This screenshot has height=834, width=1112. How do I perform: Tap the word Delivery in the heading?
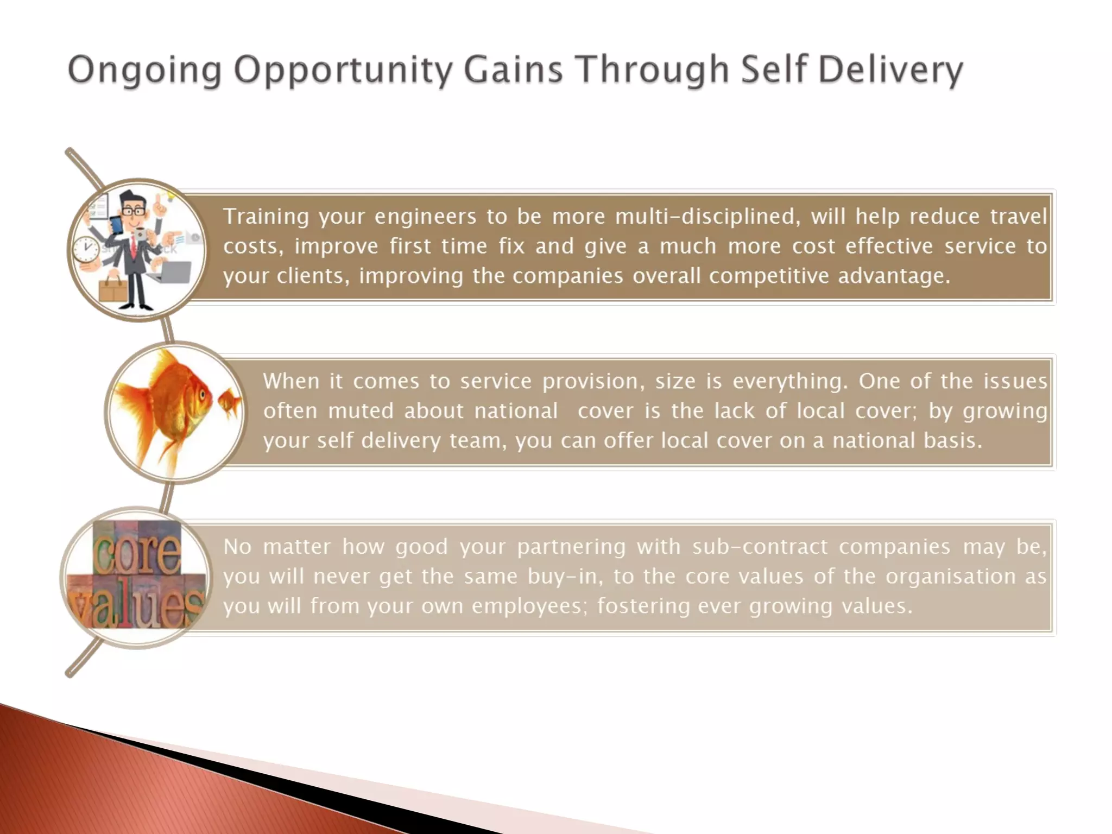[890, 71]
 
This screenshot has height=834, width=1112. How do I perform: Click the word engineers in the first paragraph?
[425, 217]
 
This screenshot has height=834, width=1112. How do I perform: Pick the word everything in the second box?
[790, 381]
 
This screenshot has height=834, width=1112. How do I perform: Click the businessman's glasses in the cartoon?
[133, 211]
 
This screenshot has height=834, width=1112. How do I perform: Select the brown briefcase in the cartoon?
[113, 288]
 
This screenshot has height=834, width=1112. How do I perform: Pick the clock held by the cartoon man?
[86, 250]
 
